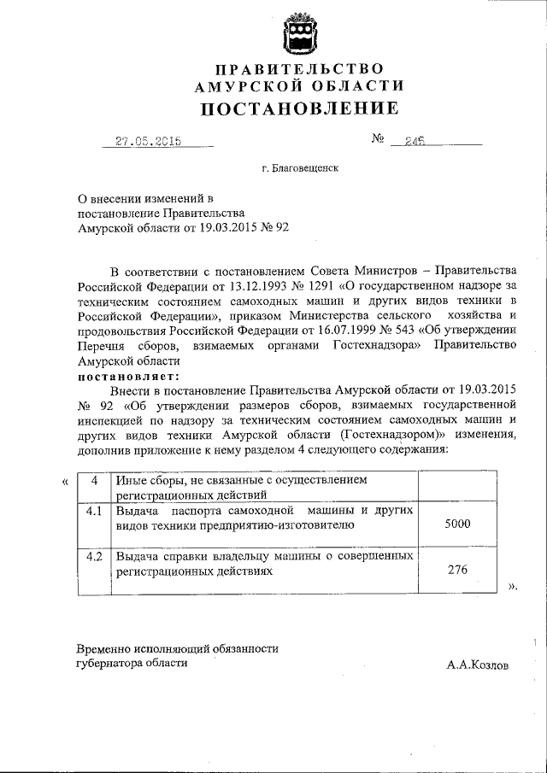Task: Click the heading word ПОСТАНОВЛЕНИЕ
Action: point(299,108)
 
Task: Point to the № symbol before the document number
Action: point(378,140)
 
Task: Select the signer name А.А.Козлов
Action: point(476,665)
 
